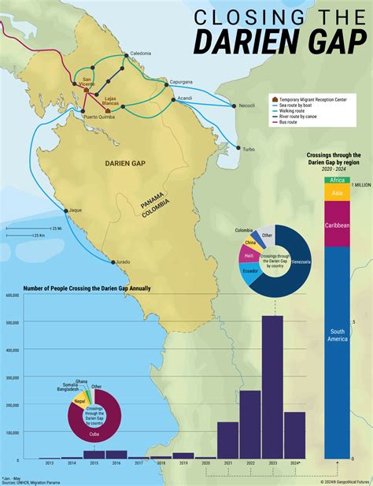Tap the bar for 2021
(228, 440)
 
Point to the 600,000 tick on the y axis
(12, 296)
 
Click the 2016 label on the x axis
(116, 463)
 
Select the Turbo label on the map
(248, 149)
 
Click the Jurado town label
(122, 262)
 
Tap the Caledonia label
(140, 53)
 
